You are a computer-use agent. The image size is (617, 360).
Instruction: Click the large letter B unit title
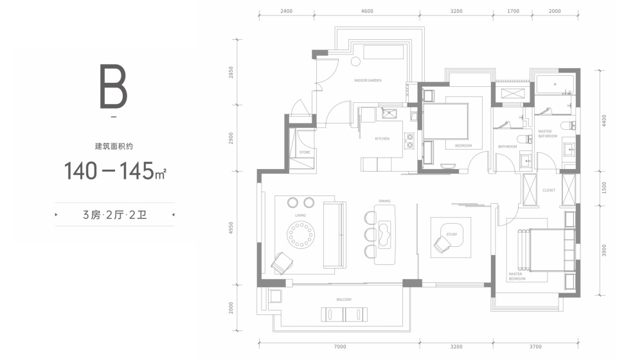click(x=113, y=87)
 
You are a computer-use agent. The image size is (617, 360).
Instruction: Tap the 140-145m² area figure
click(x=114, y=171)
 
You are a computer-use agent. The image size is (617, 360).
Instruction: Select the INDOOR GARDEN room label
click(x=368, y=80)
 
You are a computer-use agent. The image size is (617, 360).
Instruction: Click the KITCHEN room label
click(x=382, y=139)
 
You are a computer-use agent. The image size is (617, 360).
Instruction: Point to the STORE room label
click(x=305, y=152)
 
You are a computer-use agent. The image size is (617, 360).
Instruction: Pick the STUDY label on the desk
click(x=451, y=235)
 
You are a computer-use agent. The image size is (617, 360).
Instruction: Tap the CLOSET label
click(x=548, y=190)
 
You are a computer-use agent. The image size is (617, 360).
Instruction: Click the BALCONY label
click(x=344, y=300)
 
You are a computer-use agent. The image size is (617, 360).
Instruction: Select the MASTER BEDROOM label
click(x=517, y=276)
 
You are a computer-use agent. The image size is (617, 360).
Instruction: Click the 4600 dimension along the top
click(x=367, y=11)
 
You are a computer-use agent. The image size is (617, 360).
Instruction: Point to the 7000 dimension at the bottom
click(x=340, y=346)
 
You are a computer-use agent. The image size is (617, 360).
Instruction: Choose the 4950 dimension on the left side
click(x=231, y=228)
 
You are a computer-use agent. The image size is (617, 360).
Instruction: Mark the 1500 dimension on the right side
click(x=604, y=188)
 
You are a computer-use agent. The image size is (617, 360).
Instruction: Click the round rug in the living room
click(x=301, y=235)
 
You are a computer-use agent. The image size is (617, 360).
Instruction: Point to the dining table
click(x=385, y=235)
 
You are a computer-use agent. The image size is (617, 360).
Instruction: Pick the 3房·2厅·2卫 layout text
click(x=114, y=215)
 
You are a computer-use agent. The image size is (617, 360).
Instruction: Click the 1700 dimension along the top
click(x=513, y=11)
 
